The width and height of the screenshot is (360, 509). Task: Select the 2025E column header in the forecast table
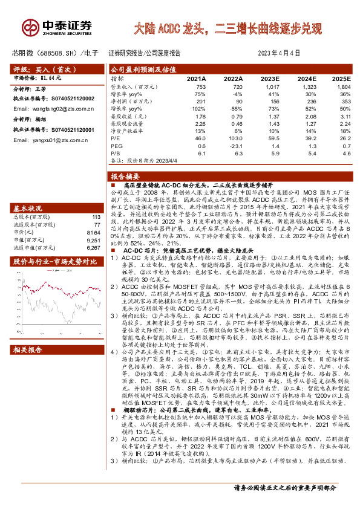pyautogui.click(x=341, y=79)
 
